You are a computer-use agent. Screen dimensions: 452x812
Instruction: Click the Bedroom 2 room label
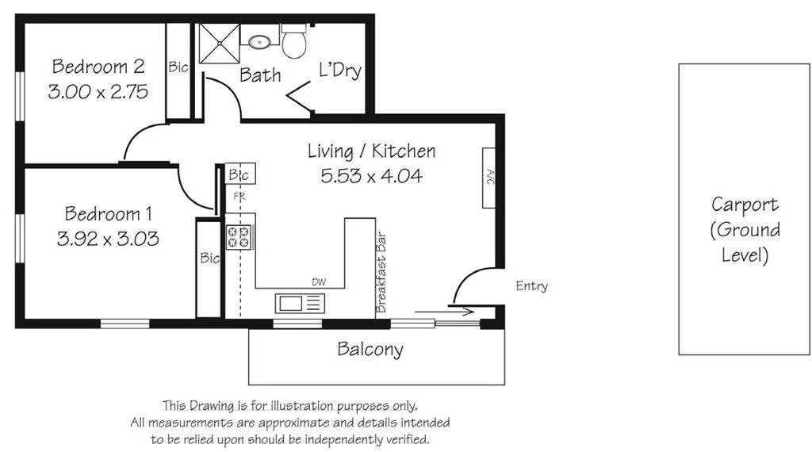pos(98,65)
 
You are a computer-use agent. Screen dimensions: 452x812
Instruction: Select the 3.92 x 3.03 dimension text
pos(109,238)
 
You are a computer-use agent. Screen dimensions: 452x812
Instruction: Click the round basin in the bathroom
pos(259,41)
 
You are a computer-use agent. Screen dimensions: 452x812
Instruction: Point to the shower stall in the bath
pos(217,42)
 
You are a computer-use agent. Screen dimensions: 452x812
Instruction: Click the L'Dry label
pos(340,71)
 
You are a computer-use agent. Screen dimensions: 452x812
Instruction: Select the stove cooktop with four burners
pos(239,237)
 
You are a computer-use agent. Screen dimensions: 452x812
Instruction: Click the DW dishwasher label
pos(318,282)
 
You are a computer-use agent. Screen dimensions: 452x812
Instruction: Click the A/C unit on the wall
pos(489,177)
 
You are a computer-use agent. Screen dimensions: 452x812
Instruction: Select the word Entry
pos(531,286)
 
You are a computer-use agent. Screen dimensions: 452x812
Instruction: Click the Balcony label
pos(370,349)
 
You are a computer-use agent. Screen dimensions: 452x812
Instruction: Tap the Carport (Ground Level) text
pos(745,230)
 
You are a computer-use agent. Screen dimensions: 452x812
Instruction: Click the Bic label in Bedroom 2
pos(178,67)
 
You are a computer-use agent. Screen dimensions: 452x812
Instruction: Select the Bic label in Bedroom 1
pos(209,258)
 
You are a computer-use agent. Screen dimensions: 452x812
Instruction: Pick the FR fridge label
pos(237,195)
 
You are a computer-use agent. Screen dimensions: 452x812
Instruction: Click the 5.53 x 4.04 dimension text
pos(371,175)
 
